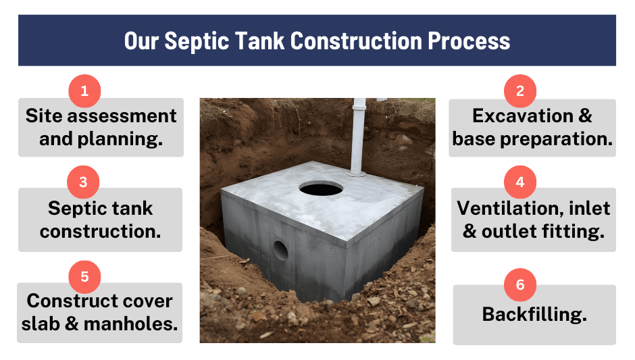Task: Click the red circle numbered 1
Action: (84, 91)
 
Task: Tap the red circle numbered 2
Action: (520, 91)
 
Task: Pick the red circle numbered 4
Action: (520, 182)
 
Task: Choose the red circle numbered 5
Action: (84, 276)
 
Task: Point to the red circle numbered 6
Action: (520, 284)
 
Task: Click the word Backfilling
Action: (534, 314)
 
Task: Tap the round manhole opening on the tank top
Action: (321, 188)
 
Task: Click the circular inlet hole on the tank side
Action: (280, 251)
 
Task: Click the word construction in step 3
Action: (100, 231)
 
